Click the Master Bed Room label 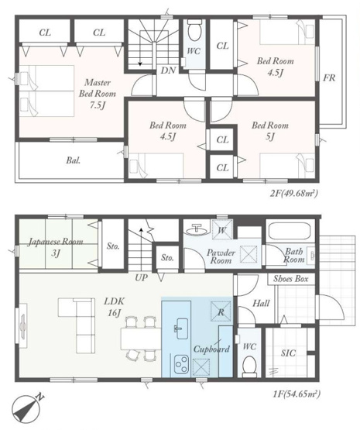pos(98,94)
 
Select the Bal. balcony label pos(73,160)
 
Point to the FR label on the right pos(329,78)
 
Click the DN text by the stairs pos(168,71)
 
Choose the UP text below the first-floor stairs pos(141,278)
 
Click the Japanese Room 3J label pos(56,247)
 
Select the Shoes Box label pos(290,279)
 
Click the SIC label pos(288,353)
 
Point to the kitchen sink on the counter pos(180,329)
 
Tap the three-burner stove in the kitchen pos(182,364)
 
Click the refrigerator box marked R pos(221,311)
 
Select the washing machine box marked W pos(222,229)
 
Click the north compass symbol pos(28,409)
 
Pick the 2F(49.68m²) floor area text pos(293,194)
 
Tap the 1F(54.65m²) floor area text pos(297,394)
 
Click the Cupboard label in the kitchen pos(211,349)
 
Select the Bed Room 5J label pos(270,131)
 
